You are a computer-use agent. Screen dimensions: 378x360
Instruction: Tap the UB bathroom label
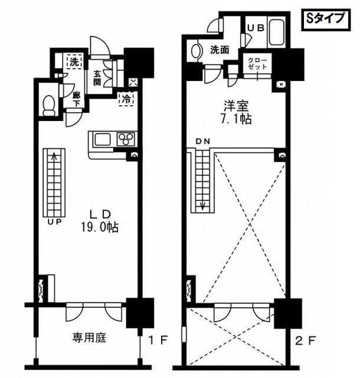click(x=255, y=27)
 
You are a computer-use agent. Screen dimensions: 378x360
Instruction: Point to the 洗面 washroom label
click(x=219, y=51)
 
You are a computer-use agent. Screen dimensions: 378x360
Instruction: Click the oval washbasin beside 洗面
click(x=197, y=51)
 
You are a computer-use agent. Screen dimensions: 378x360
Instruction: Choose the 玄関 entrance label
click(x=98, y=77)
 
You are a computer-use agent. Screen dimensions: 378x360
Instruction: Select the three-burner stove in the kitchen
click(x=126, y=139)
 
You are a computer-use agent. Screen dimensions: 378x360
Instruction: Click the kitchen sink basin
click(x=102, y=139)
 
